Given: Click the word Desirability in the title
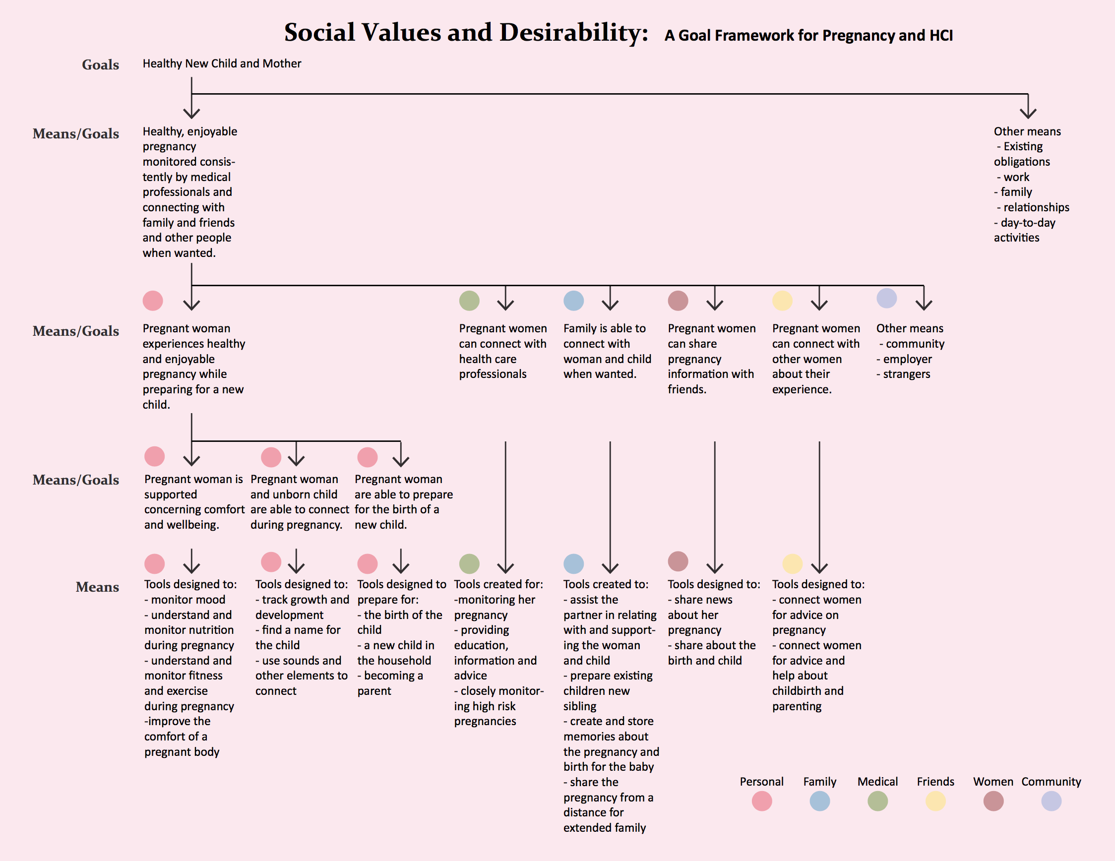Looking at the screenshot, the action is [x=574, y=33].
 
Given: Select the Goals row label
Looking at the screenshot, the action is [x=101, y=65].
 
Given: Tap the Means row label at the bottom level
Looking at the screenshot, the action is [x=98, y=587].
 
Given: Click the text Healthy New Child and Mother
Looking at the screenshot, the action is [x=222, y=63].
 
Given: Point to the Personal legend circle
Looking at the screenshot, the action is [x=762, y=801].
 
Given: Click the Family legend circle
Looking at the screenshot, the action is [x=819, y=801].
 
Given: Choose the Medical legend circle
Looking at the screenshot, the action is [x=877, y=801].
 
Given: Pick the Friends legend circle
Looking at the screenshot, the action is [x=935, y=801].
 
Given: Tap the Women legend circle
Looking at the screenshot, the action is [x=993, y=801].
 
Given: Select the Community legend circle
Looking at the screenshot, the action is [x=1051, y=801].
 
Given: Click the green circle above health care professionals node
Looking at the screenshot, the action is [x=469, y=301].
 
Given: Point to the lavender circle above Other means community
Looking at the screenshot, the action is [x=887, y=298].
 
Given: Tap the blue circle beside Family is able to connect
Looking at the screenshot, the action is [x=574, y=301].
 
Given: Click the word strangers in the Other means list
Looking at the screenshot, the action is [x=907, y=374].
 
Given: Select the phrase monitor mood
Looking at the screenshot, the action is [x=188, y=600].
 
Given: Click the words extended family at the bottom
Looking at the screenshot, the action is [x=605, y=827].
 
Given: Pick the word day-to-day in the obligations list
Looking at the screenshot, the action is [x=1028, y=223].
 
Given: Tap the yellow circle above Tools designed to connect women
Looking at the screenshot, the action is [x=792, y=563].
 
